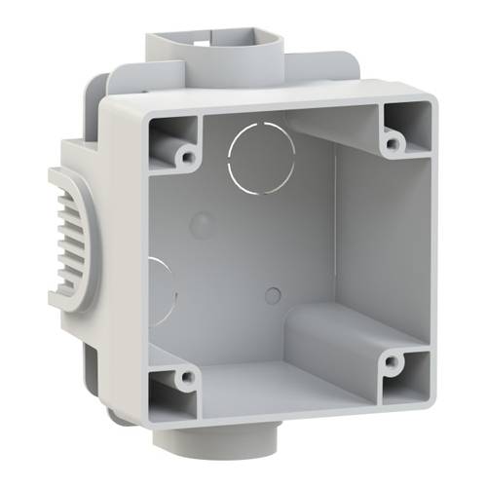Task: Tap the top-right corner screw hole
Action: click(392, 143)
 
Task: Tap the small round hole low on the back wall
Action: click(273, 295)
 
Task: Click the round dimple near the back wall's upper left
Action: click(201, 227)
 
